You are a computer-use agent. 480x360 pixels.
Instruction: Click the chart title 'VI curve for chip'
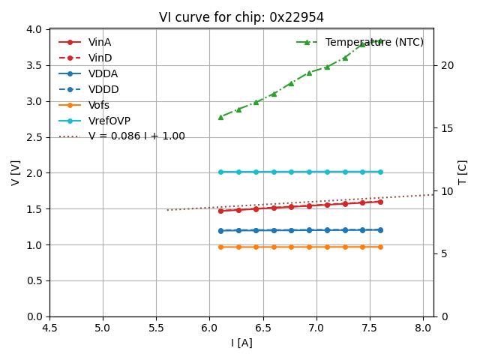click(x=241, y=17)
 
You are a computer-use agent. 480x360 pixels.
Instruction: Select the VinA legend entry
click(x=100, y=42)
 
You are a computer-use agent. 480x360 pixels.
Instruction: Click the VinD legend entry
click(x=100, y=58)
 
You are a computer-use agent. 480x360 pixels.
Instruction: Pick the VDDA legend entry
click(x=103, y=73)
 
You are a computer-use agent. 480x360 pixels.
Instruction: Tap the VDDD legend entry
click(x=103, y=89)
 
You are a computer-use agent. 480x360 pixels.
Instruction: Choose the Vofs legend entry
click(x=99, y=105)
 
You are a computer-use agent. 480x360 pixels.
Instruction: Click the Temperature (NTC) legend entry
click(x=374, y=42)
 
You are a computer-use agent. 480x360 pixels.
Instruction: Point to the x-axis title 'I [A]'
click(x=241, y=343)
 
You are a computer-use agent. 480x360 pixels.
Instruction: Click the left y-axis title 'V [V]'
click(x=15, y=172)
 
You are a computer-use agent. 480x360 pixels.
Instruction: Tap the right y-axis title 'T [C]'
click(x=462, y=172)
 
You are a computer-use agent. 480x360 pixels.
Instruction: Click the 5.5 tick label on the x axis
click(x=156, y=328)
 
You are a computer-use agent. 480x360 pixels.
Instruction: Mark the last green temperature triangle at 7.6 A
click(x=380, y=41)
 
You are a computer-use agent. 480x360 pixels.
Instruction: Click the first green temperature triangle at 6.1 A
click(x=220, y=117)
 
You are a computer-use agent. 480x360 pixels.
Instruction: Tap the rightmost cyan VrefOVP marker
click(x=380, y=172)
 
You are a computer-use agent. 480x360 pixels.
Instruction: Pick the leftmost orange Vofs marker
click(x=220, y=247)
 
